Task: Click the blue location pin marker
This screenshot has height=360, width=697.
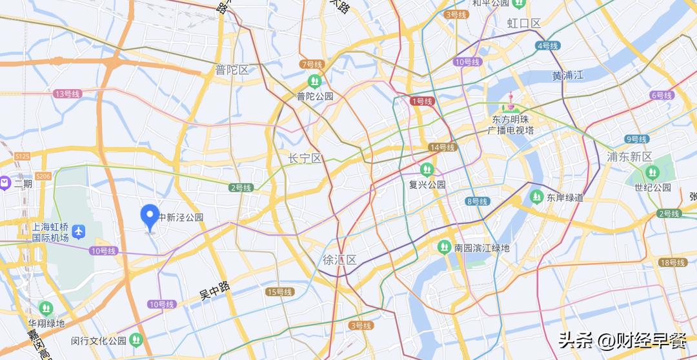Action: point(150,216)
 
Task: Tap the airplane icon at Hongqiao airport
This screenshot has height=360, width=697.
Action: point(79,230)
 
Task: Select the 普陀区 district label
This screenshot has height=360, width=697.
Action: point(232,70)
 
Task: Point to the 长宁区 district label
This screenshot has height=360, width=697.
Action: point(305,158)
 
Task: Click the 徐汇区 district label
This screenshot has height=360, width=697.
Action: point(340,260)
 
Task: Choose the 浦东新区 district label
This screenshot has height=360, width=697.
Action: point(630,157)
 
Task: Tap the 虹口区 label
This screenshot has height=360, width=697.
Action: point(523,24)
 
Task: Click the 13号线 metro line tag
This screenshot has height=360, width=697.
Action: point(67,94)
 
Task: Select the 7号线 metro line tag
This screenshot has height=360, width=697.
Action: point(311,64)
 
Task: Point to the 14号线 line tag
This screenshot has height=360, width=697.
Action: point(443,147)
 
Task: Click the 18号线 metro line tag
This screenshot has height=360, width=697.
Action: point(672,262)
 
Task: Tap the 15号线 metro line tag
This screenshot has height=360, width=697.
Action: point(279,292)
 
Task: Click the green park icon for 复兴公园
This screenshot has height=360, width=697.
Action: point(426,170)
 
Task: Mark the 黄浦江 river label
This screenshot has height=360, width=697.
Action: point(567,75)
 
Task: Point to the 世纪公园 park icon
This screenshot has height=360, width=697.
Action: point(652,172)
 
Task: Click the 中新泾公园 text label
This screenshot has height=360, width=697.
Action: point(181,217)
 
